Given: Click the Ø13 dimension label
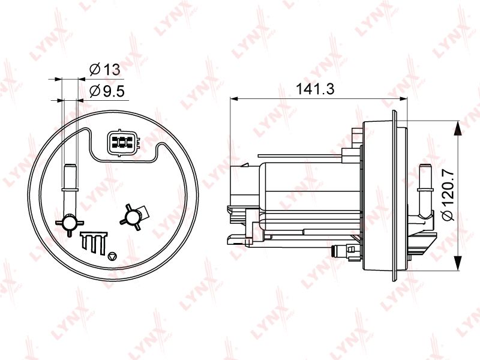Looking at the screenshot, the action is (x=104, y=70).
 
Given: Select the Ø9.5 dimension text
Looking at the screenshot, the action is (x=107, y=91).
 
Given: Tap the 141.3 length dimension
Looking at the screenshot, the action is (x=315, y=89).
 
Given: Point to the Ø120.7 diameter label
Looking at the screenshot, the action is (x=448, y=196).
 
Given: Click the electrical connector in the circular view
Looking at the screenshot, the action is (x=123, y=142).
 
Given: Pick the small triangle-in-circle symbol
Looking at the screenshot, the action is (x=113, y=257).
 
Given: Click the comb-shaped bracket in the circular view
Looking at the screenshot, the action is (x=94, y=243).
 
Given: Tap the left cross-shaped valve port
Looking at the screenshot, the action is (x=70, y=222).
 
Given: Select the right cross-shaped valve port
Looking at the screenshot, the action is (x=133, y=217).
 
